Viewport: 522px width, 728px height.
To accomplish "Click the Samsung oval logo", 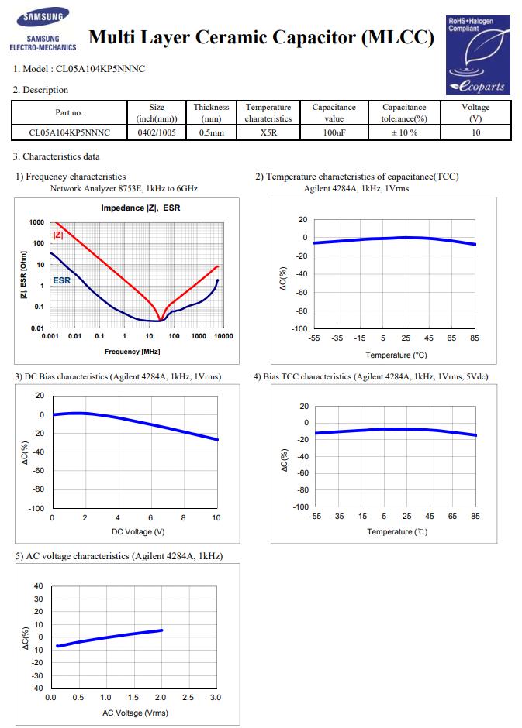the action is click(43, 18).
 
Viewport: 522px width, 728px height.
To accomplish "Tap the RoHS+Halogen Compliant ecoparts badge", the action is click(478, 55).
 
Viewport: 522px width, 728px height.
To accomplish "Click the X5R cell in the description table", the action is click(268, 132).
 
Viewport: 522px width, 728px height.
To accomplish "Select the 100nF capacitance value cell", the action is click(334, 132).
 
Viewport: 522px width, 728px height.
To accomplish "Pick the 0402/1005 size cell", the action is click(157, 132).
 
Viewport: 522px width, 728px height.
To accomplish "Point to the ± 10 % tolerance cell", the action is click(404, 132).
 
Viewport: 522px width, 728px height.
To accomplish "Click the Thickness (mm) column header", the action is click(211, 113).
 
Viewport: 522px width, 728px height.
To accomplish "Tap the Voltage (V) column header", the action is click(475, 113).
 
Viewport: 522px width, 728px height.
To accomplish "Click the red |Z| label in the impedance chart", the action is click(58, 235).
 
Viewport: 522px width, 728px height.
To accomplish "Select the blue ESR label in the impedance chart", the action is click(62, 280).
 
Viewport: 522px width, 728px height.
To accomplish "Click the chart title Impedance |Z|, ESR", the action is click(140, 208).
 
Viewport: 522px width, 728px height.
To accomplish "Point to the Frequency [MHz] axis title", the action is click(132, 352).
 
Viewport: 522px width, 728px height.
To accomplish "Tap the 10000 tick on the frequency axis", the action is click(223, 336).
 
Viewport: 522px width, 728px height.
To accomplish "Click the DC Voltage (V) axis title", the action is click(138, 531).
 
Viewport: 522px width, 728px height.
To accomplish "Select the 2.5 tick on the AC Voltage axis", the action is click(188, 697).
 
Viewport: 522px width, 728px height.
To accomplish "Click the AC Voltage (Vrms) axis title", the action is click(135, 713).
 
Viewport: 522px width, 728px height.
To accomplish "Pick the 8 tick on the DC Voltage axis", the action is click(183, 517).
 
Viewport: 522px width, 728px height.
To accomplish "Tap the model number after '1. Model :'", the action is click(100, 69).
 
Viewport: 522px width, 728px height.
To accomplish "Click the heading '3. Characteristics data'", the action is click(57, 156).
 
